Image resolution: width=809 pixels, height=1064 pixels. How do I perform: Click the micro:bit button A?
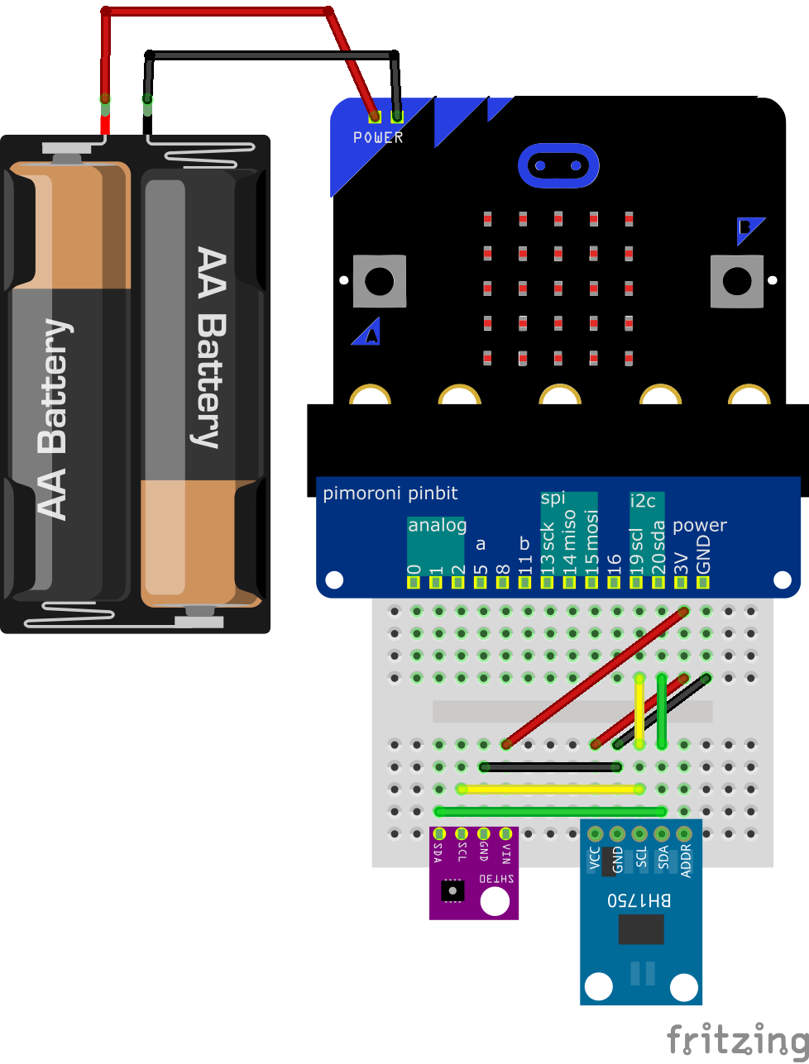380,282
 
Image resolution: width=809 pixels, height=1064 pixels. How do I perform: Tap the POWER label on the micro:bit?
378,138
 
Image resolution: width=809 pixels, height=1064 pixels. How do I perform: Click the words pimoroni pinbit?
390,494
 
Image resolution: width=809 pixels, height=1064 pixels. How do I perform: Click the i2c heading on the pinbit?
643,500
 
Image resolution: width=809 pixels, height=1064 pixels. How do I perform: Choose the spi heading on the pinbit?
553,498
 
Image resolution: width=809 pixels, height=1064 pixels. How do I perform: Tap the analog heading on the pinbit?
437,525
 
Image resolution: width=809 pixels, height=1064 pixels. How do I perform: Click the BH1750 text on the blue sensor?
639,900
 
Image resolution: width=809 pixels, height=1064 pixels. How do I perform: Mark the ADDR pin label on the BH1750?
684,860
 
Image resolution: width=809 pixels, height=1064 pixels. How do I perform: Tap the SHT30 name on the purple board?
495,879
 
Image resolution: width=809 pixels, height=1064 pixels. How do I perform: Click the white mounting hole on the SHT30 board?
495,901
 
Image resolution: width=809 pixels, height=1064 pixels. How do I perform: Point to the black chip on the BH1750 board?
640,929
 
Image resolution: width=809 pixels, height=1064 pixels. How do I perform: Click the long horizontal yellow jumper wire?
550,789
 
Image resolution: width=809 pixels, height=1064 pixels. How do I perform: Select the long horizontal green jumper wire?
550,811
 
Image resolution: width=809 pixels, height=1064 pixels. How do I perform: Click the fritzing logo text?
737,1039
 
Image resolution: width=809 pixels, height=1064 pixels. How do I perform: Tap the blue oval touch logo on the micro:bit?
558,165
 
